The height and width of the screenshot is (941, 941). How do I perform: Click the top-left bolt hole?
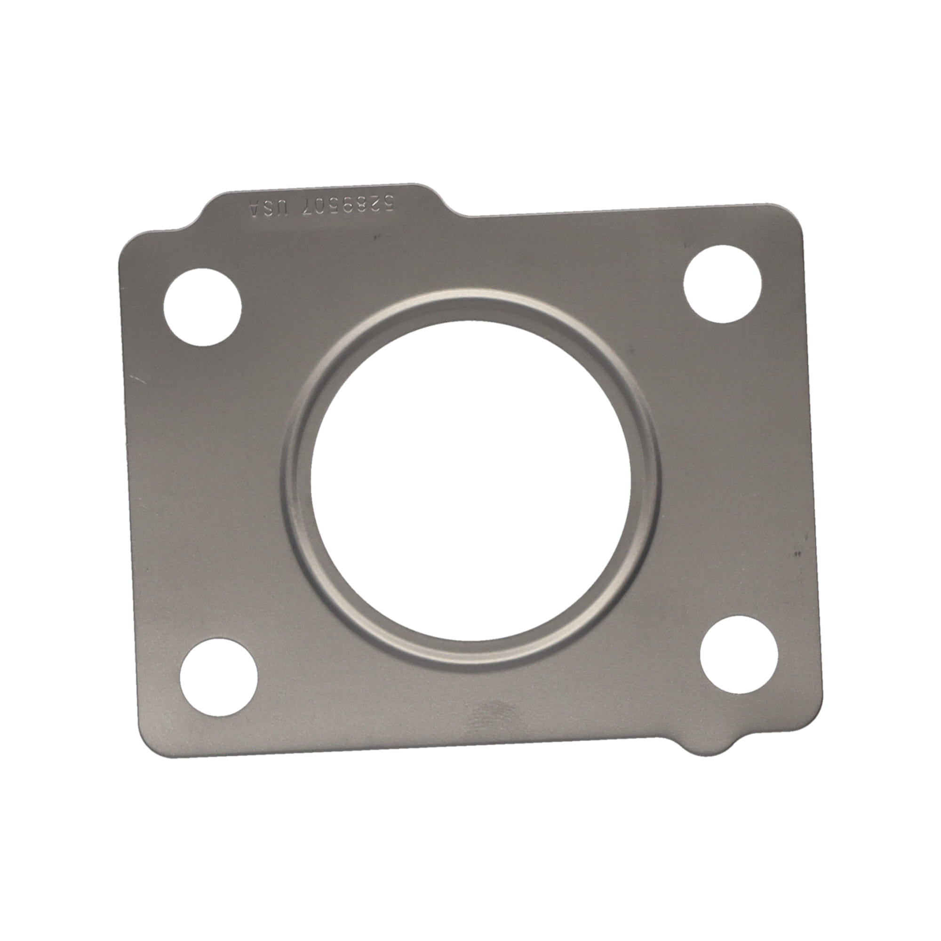[202, 307]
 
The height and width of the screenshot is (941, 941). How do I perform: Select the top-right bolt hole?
[722, 284]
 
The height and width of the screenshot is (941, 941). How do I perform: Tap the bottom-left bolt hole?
[219, 678]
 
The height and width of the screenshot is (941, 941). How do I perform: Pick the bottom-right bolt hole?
[739, 654]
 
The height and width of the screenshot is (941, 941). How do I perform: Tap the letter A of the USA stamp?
[254, 208]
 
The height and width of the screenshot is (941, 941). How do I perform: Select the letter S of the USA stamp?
[269, 208]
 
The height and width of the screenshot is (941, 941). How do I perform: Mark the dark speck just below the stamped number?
[375, 237]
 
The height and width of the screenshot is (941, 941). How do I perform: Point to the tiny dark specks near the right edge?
[797, 553]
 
